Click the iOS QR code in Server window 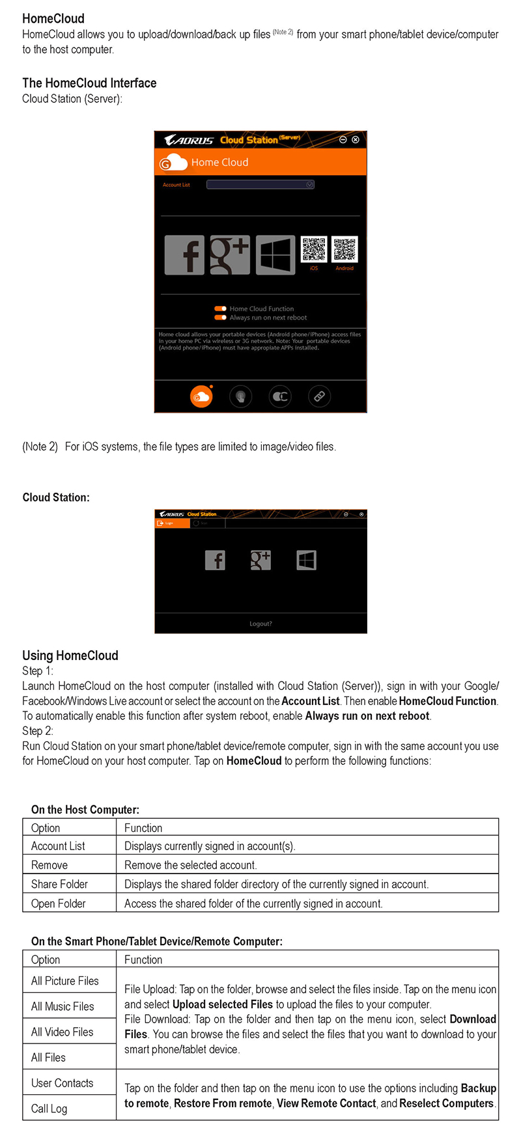[x=314, y=249]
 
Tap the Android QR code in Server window [x=345, y=249]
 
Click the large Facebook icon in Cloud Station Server [x=184, y=255]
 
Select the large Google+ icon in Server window [x=230, y=255]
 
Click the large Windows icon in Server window [x=275, y=255]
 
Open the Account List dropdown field [x=260, y=185]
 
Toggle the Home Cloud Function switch [x=221, y=309]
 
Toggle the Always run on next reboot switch [x=221, y=318]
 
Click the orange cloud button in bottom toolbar [x=201, y=396]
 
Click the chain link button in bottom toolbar [x=319, y=396]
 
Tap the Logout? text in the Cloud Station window [x=260, y=624]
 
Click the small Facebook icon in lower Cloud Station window [x=215, y=560]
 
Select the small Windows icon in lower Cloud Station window [x=306, y=560]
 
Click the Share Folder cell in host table [x=60, y=884]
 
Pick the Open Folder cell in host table [x=59, y=903]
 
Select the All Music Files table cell [x=63, y=1006]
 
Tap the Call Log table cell [x=49, y=1109]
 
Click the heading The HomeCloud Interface [x=89, y=83]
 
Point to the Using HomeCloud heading [x=70, y=655]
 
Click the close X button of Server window [x=356, y=140]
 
